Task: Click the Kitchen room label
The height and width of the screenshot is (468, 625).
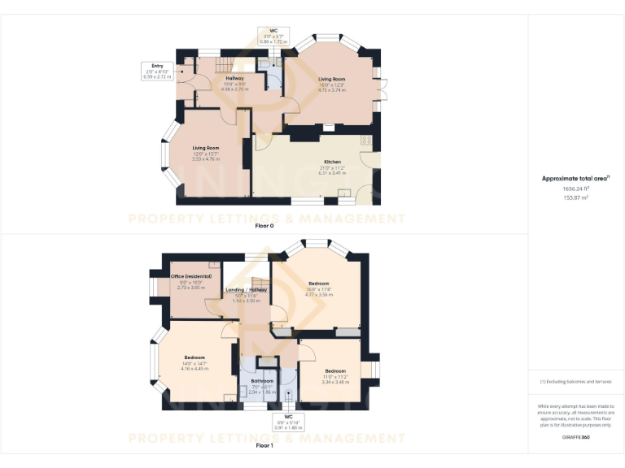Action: click(x=332, y=162)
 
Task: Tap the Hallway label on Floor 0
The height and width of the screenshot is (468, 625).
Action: click(x=234, y=78)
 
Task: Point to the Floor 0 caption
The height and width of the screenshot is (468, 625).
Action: click(x=264, y=225)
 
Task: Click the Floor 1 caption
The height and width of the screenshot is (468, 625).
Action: click(x=264, y=445)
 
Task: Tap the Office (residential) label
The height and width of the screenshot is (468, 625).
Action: click(x=191, y=276)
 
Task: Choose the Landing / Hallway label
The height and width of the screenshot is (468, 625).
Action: click(x=246, y=290)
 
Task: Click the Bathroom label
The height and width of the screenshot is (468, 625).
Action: click(x=262, y=380)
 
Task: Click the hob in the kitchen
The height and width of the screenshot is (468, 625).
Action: click(x=367, y=141)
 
